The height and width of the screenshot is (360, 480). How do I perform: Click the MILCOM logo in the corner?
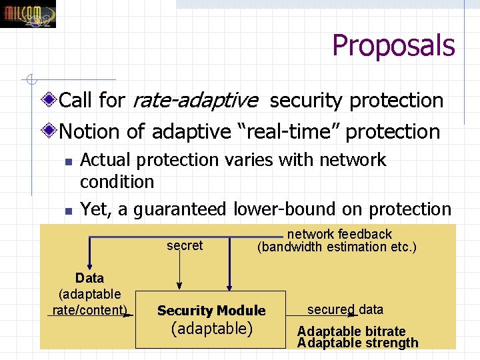pos(28,14)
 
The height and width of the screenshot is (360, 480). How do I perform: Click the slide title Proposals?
pos(393,46)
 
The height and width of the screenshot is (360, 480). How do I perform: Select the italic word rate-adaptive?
pos(195,101)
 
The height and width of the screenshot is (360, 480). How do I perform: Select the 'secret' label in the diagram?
pos(185,245)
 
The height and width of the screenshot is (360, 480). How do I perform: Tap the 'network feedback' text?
pos(339,234)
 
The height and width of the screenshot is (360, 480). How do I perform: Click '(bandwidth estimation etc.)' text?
pos(337,247)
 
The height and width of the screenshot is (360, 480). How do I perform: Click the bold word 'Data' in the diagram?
pos(89,278)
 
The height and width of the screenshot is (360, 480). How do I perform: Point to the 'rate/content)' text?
pos(90,310)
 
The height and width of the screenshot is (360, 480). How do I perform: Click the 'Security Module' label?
pos(211,311)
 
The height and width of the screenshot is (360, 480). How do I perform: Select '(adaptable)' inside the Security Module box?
pos(212,329)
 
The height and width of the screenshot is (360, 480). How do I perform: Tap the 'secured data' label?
pos(345,309)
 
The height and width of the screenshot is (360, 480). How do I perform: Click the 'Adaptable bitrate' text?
pos(351,331)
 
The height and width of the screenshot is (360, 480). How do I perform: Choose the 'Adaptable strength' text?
pos(358,343)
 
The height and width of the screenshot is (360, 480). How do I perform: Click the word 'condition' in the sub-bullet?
pos(117,181)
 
